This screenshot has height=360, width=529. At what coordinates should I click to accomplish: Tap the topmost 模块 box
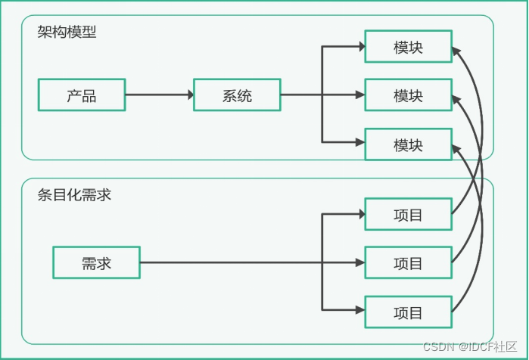408,47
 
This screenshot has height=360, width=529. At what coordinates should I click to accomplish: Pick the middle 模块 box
408,95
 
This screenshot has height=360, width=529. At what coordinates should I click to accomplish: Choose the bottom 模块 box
408,144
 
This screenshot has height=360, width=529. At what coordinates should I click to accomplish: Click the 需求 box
96,262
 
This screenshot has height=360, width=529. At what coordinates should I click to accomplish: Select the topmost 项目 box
408,215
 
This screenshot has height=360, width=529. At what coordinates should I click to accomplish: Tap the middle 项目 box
408,262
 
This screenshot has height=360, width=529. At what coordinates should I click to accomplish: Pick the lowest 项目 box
408,312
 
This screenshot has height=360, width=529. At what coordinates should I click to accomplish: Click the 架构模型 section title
67,32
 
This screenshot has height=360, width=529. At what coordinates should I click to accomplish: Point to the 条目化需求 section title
74,194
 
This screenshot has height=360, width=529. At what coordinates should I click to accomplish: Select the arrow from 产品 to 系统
159,95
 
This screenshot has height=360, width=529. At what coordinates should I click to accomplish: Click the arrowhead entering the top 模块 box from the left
359,47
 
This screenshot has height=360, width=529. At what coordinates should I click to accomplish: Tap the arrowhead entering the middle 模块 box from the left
359,95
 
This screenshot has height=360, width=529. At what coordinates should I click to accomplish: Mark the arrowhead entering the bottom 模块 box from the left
359,142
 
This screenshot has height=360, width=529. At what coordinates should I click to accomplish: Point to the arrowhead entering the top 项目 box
359,215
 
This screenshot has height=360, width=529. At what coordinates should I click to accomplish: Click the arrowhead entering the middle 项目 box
359,263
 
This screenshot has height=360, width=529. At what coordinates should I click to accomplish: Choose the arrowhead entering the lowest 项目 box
359,309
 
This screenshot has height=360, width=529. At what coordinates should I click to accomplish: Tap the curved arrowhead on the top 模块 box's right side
456,51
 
